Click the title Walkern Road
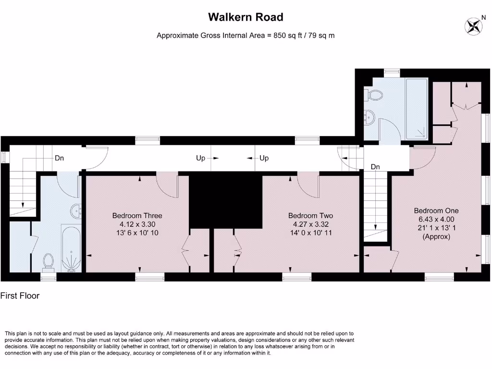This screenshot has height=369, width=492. [246, 17]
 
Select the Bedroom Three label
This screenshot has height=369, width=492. [137, 215]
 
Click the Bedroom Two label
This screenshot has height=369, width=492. [310, 215]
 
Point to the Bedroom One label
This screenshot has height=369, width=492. [436, 210]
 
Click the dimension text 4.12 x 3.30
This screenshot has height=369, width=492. [137, 224]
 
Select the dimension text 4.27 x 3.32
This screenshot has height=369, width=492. [310, 224]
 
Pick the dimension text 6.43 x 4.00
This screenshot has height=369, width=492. [436, 219]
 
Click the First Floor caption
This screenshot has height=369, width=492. [20, 296]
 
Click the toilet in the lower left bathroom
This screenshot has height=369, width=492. [48, 261]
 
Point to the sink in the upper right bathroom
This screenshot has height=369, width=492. [369, 116]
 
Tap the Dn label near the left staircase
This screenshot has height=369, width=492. [60, 158]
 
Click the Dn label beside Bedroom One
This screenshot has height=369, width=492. [375, 167]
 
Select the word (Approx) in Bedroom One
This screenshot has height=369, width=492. [436, 236]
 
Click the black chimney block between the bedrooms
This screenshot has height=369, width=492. [226, 201]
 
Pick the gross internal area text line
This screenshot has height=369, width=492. [246, 36]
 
